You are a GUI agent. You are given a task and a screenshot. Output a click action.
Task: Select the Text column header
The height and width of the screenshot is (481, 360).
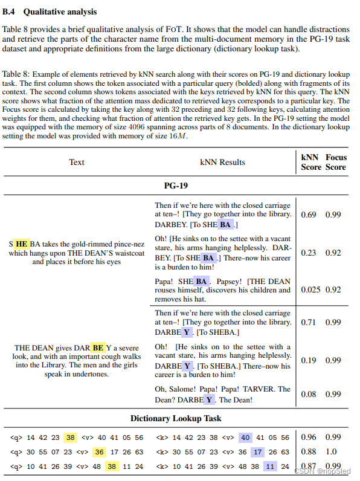pyautogui.click(x=77, y=162)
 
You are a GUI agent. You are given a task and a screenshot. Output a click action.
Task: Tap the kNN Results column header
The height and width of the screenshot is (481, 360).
pyautogui.click(x=223, y=162)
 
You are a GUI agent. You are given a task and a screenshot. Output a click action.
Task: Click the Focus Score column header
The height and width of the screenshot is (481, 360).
pyautogui.click(x=336, y=162)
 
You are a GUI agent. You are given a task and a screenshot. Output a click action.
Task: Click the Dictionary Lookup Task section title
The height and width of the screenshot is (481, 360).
pyautogui.click(x=176, y=418)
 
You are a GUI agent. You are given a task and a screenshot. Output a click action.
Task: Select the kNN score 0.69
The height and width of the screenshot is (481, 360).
pyautogui.click(x=309, y=215)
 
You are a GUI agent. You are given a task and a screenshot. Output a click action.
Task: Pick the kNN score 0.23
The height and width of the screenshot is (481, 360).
pyautogui.click(x=309, y=253)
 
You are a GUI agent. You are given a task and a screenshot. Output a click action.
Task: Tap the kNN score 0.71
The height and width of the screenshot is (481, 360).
pyautogui.click(x=309, y=323)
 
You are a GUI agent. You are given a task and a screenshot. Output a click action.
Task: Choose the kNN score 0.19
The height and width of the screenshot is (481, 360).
pyautogui.click(x=309, y=360)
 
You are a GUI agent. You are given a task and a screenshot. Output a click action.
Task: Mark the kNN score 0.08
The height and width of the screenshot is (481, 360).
pyautogui.click(x=309, y=395)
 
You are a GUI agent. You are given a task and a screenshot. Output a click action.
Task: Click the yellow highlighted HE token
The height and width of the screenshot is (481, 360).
pyautogui.click(x=22, y=244)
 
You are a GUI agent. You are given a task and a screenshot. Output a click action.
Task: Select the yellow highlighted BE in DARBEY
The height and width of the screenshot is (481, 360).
pyautogui.click(x=97, y=348)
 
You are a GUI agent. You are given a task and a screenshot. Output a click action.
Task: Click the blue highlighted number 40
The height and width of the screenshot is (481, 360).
pyautogui.click(x=245, y=437)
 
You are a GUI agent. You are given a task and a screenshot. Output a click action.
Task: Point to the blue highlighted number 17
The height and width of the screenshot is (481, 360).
pyautogui.click(x=258, y=452)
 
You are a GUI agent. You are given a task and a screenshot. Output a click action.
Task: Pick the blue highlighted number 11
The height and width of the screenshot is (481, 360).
pyautogui.click(x=271, y=466)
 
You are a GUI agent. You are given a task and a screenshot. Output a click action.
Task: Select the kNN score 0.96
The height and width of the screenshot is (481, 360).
pyautogui.click(x=309, y=437)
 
